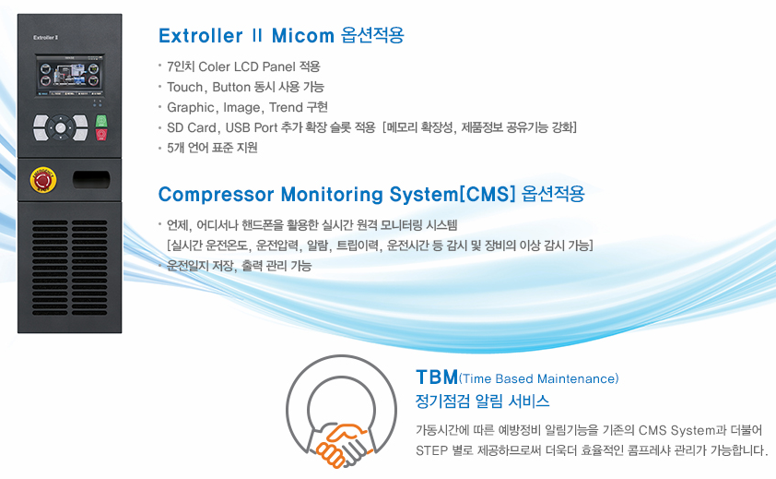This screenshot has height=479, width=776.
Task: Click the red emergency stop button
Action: pyautogui.click(x=43, y=180)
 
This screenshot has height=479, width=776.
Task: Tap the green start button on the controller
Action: pyautogui.click(x=101, y=121)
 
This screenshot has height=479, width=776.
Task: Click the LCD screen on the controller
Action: pyautogui.click(x=70, y=76)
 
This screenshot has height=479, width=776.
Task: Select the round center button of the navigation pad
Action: pyautogui.click(x=61, y=128)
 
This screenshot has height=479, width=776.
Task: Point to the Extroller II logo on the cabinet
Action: pyautogui.click(x=46, y=38)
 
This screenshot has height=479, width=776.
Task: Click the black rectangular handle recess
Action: pyautogui.click(x=91, y=179)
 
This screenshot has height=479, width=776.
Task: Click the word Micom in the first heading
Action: pyautogui.click(x=303, y=36)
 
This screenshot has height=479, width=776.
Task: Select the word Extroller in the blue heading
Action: pyautogui.click(x=200, y=36)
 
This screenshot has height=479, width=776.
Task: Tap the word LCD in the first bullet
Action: pyautogui.click(x=246, y=66)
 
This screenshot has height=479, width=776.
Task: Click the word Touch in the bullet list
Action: pyautogui.click(x=185, y=88)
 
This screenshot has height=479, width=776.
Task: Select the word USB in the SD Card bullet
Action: pyautogui.click(x=238, y=127)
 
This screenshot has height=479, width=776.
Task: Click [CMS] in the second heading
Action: pyautogui.click(x=488, y=194)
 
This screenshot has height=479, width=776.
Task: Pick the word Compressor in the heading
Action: pyautogui.click(x=216, y=195)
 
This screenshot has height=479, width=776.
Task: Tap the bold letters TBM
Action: pyautogui.click(x=437, y=377)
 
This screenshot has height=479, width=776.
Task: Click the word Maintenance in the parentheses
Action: pyautogui.click(x=576, y=378)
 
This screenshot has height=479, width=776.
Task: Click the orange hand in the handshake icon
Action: pyautogui.click(x=337, y=444)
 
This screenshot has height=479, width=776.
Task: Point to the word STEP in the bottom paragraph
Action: pyautogui.click(x=430, y=450)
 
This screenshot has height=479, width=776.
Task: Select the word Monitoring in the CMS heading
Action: pyautogui.click(x=332, y=195)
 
